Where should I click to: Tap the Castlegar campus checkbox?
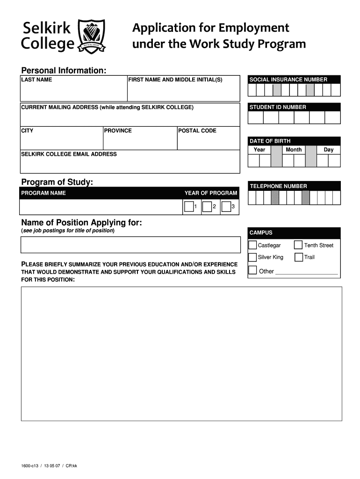click(x=252, y=245)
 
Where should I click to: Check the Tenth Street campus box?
click(x=298, y=245)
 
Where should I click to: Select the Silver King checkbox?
click(x=252, y=257)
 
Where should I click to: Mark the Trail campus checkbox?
click(x=298, y=257)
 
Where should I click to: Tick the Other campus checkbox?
click(x=252, y=270)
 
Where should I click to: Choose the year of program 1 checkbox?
click(x=189, y=206)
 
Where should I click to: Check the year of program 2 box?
click(x=207, y=206)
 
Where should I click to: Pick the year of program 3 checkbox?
click(x=226, y=206)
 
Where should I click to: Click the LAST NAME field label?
click(x=36, y=80)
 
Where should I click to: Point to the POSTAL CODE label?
click(x=197, y=131)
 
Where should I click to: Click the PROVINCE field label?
click(x=118, y=131)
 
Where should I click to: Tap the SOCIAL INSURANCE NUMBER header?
click(x=288, y=80)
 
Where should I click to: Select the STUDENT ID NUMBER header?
click(x=278, y=107)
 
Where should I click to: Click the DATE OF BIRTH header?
click(x=270, y=141)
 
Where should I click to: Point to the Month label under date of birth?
click(x=294, y=150)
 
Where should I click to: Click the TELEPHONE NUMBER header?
click(x=278, y=186)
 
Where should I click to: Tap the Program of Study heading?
click(x=58, y=181)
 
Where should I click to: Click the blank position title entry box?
click(x=130, y=245)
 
